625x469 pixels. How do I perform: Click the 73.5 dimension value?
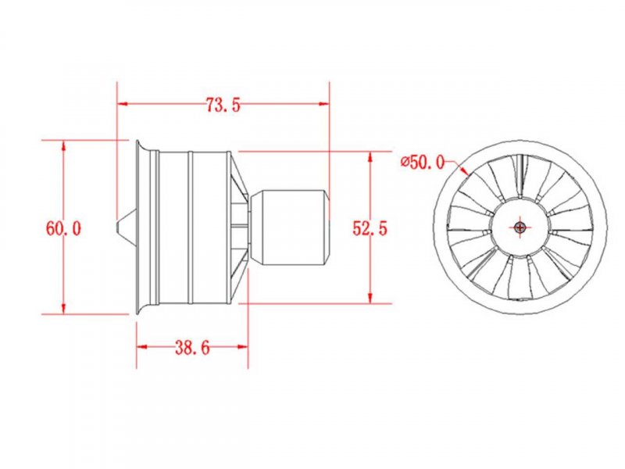pos(223,105)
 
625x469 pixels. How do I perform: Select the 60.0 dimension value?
pos(63,228)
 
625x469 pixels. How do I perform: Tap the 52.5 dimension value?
pos(370,228)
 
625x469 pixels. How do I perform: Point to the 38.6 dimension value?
pos(192,348)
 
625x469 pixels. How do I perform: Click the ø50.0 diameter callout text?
pos(423,162)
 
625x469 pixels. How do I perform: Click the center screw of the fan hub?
pos(520,227)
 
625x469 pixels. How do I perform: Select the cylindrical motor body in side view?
pos(289,227)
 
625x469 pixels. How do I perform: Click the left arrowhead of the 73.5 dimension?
pos(122,104)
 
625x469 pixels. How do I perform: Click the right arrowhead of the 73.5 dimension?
pos(324,104)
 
